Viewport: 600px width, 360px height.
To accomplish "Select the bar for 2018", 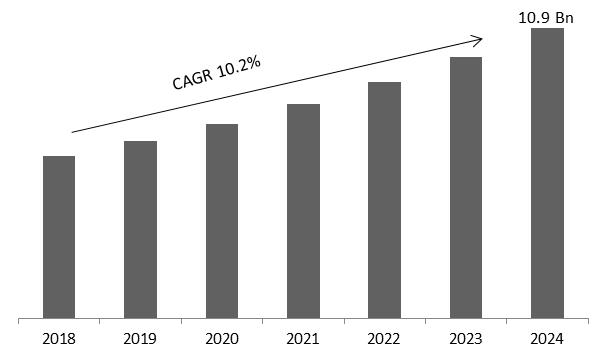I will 59,238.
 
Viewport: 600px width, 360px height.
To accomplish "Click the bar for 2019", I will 140,230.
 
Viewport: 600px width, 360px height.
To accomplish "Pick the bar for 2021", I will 303,212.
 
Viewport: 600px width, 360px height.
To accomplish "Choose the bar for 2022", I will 384,201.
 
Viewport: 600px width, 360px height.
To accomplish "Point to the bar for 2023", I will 466,188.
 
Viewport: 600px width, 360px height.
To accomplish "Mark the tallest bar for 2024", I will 547,174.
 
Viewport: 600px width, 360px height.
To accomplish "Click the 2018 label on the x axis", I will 59,340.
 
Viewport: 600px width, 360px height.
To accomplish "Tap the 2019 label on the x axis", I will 140,340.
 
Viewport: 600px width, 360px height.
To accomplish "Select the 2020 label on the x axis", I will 222,340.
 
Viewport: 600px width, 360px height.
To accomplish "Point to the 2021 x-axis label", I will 303,340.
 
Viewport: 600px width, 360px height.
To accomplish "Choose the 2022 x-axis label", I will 384,340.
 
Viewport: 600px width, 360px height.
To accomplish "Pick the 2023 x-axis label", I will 466,340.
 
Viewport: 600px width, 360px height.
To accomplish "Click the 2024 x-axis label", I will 547,340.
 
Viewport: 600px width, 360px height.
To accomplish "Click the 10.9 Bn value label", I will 546,16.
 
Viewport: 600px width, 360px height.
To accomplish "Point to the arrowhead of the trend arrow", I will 479,40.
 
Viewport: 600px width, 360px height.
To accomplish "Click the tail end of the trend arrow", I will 72,132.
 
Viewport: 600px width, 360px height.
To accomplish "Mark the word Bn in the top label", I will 564,16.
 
